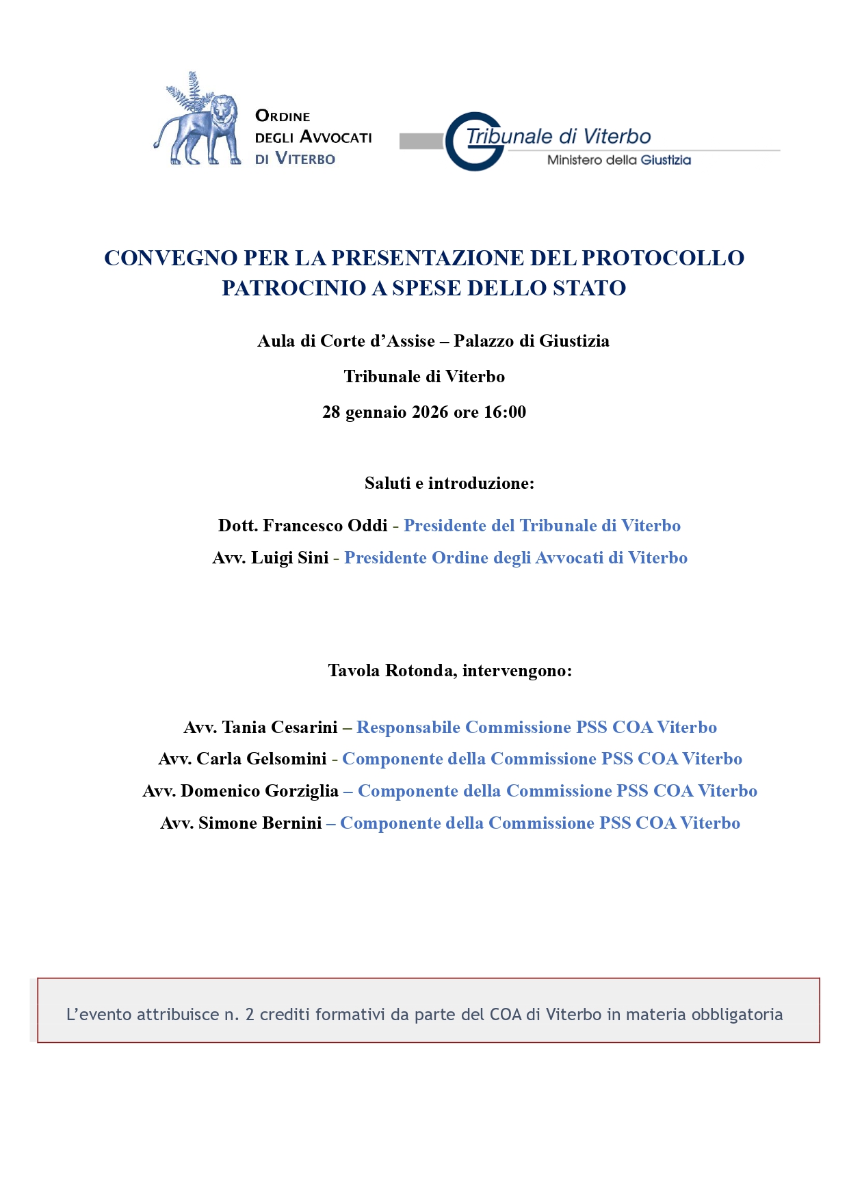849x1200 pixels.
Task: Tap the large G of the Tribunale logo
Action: pos(472,142)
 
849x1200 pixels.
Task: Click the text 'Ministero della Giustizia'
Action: pos(618,160)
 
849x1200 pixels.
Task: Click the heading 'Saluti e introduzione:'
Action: pos(449,483)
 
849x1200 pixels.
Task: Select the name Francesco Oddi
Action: pos(325,526)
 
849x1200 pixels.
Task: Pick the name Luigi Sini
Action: pos(290,558)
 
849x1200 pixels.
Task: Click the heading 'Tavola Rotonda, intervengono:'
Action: pos(449,671)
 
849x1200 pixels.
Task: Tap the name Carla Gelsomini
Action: pos(261,759)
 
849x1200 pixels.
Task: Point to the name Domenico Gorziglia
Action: pos(259,791)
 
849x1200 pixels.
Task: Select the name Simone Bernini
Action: pos(260,823)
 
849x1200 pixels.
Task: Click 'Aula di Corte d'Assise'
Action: pos(346,341)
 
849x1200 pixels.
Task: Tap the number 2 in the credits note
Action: pos(250,1015)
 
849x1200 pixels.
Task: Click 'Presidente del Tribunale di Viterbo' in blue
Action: pos(542,526)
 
